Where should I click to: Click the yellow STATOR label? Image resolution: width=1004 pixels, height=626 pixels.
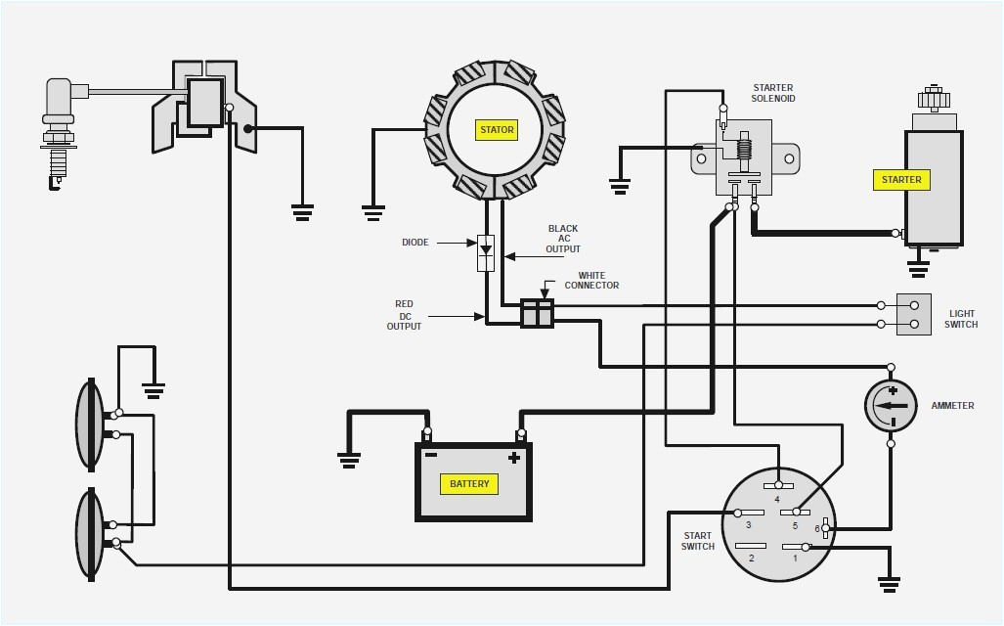[x=497, y=129]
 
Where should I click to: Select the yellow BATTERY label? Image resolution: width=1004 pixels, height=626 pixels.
[x=469, y=484]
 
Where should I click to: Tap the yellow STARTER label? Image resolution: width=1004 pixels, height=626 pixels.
[x=900, y=180]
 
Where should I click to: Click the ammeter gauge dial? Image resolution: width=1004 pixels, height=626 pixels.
[x=891, y=405]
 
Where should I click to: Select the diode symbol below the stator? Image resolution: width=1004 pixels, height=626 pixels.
[x=485, y=252]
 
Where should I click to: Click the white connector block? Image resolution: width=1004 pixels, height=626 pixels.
[x=537, y=313]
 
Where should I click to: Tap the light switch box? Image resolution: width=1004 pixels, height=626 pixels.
[x=913, y=314]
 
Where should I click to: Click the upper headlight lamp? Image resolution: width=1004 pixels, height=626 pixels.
[x=90, y=423]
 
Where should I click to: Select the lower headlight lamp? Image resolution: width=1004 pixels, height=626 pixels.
[x=90, y=533]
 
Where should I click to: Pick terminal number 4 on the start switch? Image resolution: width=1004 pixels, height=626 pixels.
[x=778, y=485]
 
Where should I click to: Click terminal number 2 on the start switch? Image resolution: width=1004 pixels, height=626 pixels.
[x=751, y=546]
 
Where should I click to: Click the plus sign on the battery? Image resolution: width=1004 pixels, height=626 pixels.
[x=512, y=458]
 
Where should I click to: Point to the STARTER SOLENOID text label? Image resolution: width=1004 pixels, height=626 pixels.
[x=772, y=93]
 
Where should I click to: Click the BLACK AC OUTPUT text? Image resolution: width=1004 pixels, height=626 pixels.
[x=563, y=239]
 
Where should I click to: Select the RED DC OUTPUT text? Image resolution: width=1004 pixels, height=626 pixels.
[x=404, y=315]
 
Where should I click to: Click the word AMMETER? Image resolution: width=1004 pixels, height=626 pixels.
[x=952, y=406]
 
